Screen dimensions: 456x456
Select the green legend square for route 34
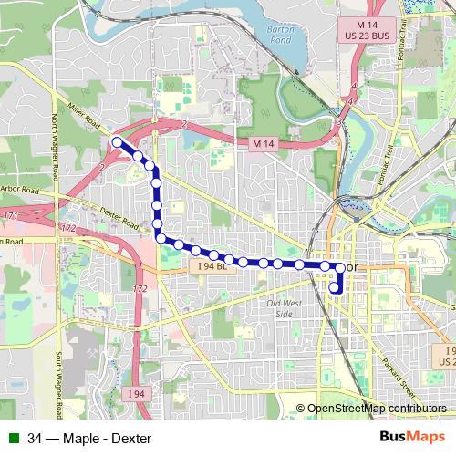pyautogui.click(x=14, y=438)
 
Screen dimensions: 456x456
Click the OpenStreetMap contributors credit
pyautogui.click(x=377, y=408)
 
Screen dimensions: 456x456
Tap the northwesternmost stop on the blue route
pyautogui.click(x=117, y=141)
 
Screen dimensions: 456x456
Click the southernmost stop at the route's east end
pyautogui.click(x=335, y=290)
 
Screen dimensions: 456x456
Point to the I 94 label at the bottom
pyautogui.click(x=136, y=393)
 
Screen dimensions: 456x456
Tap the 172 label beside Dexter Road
pyautogui.click(x=68, y=227)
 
